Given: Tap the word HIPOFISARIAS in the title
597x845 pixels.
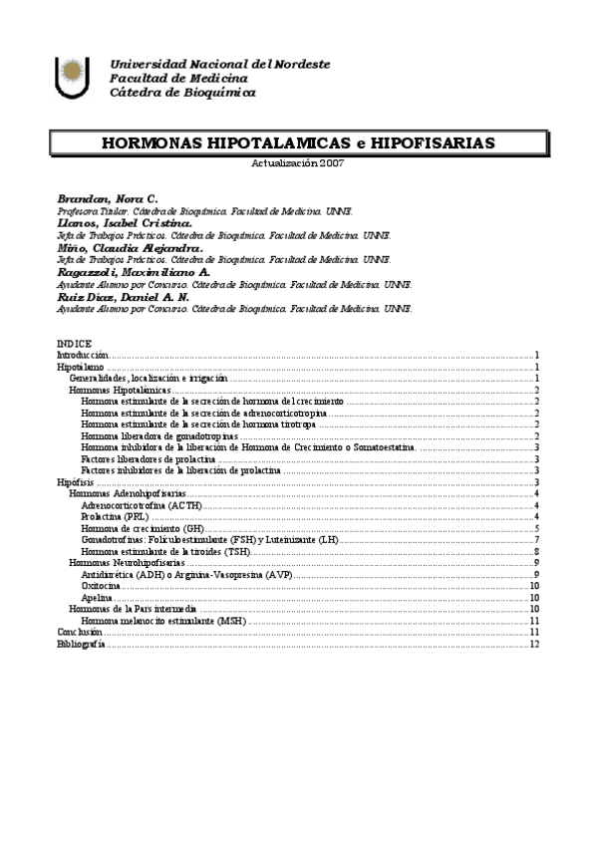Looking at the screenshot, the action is [x=433, y=143].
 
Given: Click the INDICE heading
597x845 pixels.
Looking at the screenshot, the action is [x=74, y=344].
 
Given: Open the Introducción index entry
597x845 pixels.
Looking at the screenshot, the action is [x=82, y=355].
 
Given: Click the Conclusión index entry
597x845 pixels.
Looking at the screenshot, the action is [x=80, y=632].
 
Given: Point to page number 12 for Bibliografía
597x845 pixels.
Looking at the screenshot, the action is [x=535, y=644].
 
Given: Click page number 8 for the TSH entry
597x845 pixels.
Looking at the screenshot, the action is [x=537, y=551].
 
